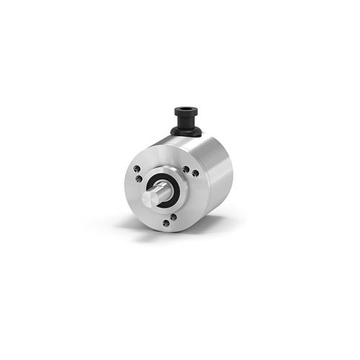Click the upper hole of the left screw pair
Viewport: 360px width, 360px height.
tap(138, 169)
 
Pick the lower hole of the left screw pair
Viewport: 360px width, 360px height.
tap(135, 181)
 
